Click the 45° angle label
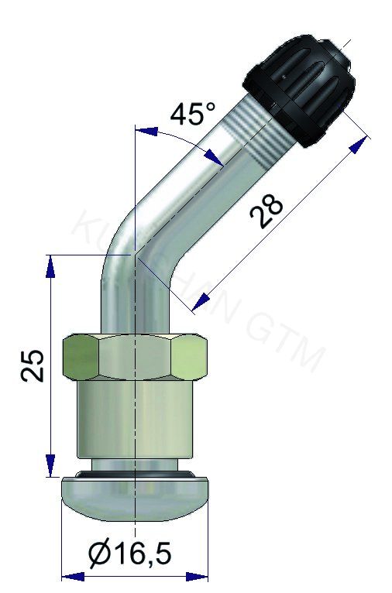coord(193,115)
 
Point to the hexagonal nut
coord(136,357)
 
